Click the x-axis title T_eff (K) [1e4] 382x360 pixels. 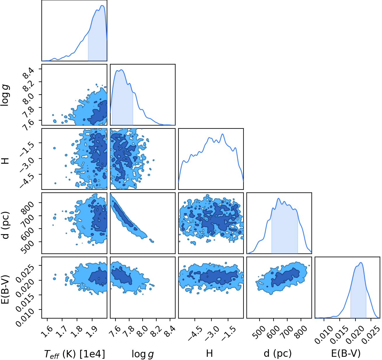coord(75,354)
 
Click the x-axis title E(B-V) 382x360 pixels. coord(346,353)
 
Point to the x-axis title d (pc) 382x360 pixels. coord(278,353)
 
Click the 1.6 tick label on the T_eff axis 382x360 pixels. coord(47,332)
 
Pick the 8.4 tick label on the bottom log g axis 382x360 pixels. coord(170,332)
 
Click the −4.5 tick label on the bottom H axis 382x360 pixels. coord(195,333)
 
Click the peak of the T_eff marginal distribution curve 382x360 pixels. coord(102,5)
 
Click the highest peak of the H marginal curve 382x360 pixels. coord(222,134)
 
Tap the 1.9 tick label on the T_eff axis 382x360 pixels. coord(92,332)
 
